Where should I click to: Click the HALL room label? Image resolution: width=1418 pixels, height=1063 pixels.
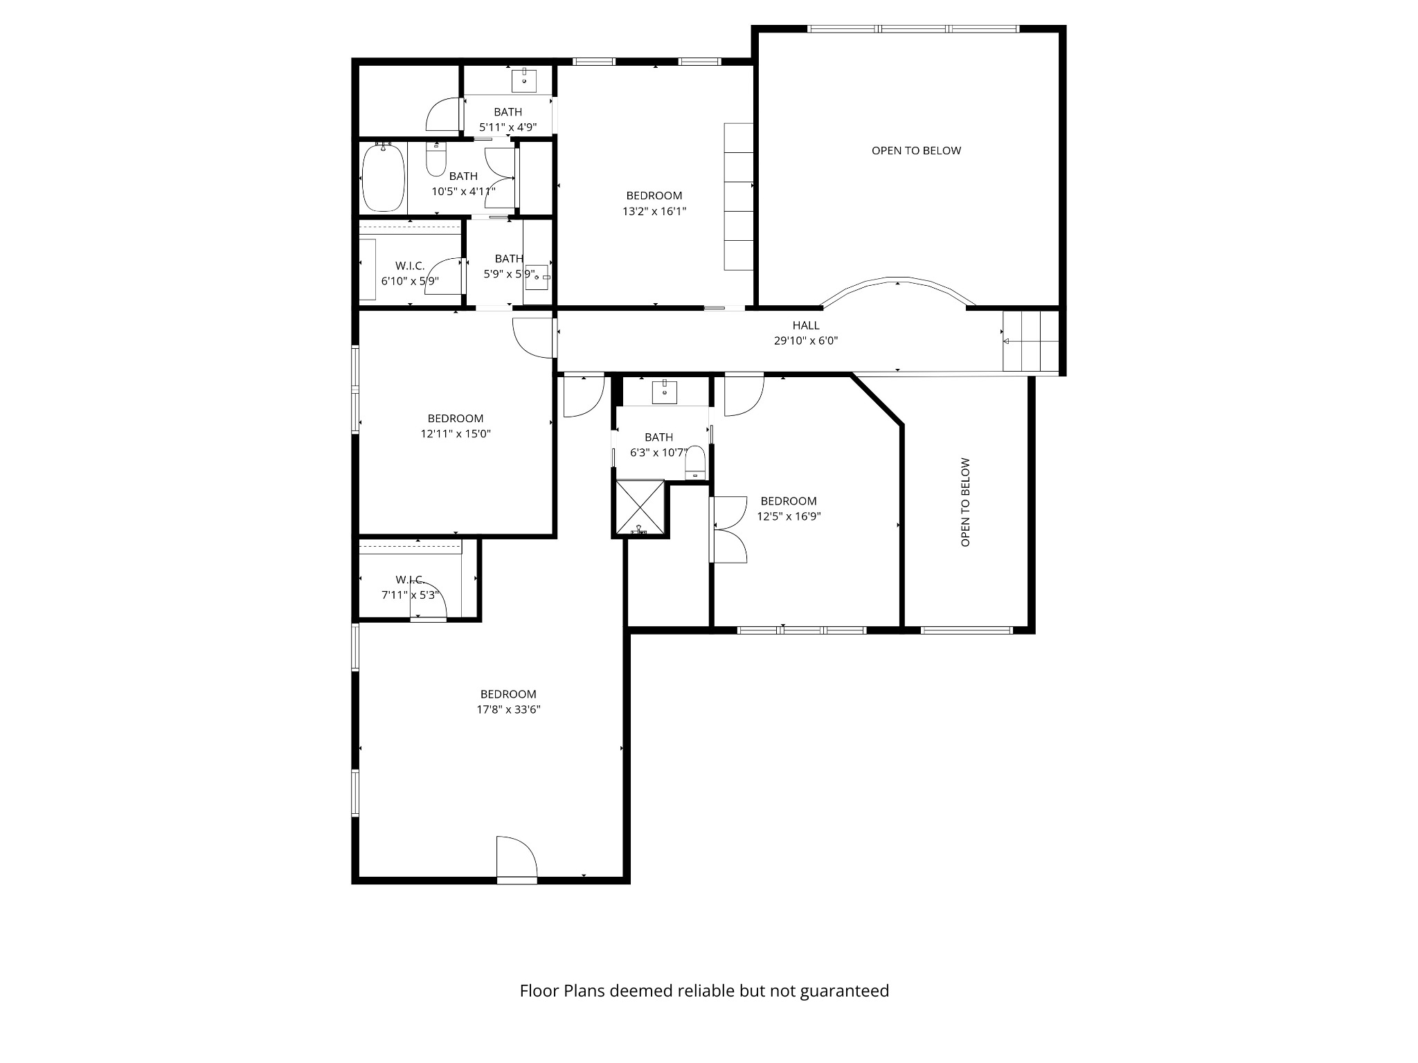click(x=806, y=325)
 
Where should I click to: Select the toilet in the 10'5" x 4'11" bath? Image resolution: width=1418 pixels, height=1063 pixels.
click(x=436, y=161)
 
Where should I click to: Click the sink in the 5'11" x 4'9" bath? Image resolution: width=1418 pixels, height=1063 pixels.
click(x=524, y=80)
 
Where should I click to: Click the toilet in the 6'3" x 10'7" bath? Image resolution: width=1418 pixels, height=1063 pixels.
click(x=694, y=463)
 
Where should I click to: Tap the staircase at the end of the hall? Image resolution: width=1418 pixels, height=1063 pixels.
click(x=1031, y=341)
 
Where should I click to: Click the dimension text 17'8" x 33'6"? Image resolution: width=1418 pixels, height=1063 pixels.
click(x=508, y=709)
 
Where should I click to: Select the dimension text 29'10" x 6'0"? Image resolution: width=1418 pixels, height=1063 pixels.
click(x=806, y=340)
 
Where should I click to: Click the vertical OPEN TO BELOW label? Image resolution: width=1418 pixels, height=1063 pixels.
click(x=965, y=502)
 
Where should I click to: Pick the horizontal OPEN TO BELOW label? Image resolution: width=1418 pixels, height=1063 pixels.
click(x=916, y=151)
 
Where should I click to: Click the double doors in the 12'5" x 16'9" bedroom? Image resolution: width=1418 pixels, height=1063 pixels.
click(x=729, y=529)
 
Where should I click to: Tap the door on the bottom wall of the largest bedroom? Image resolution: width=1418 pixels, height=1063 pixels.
click(x=517, y=860)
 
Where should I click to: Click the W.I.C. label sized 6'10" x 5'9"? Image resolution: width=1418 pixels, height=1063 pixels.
click(x=410, y=266)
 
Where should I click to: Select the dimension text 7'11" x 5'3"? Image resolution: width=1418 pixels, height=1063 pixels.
click(x=410, y=594)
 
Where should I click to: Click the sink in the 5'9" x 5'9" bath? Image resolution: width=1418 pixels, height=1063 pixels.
click(x=537, y=276)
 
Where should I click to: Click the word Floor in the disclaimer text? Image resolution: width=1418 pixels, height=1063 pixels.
click(x=539, y=991)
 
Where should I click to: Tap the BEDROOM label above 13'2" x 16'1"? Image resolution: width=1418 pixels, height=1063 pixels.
click(x=654, y=196)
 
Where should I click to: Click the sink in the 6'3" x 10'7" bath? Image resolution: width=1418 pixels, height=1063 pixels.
click(x=665, y=392)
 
